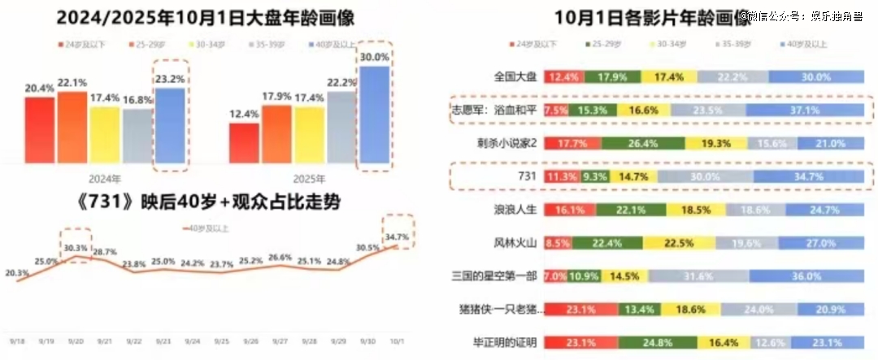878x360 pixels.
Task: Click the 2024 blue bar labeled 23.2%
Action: coord(170,128)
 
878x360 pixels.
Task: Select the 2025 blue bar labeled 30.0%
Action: coord(374,119)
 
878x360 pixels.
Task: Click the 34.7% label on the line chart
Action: coord(398,237)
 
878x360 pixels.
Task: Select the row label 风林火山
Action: coord(516,241)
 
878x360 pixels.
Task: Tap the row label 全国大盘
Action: coord(516,76)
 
